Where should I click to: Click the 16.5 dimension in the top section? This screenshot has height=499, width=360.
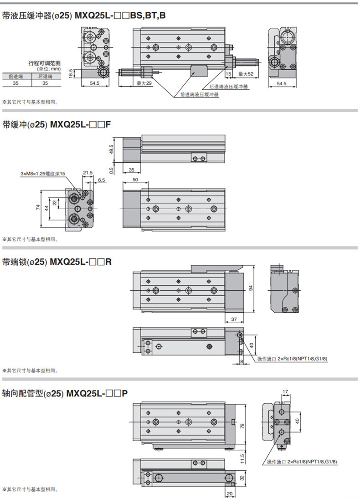click(x=71, y=73)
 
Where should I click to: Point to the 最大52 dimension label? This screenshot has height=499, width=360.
click(x=247, y=73)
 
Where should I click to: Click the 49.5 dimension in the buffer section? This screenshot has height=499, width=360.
click(x=111, y=149)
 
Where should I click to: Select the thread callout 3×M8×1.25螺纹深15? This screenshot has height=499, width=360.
click(x=43, y=173)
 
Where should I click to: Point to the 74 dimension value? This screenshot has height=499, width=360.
click(x=38, y=207)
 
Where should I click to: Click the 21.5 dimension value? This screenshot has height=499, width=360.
click(x=87, y=173)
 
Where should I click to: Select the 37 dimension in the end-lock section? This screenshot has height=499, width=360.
click(x=233, y=319)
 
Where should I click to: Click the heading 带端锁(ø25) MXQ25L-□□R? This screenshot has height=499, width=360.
click(x=57, y=262)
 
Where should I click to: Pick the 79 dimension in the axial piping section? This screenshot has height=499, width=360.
click(x=242, y=426)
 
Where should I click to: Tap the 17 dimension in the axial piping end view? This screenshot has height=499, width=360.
click(x=285, y=391)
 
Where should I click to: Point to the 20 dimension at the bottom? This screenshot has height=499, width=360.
click(x=229, y=494)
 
